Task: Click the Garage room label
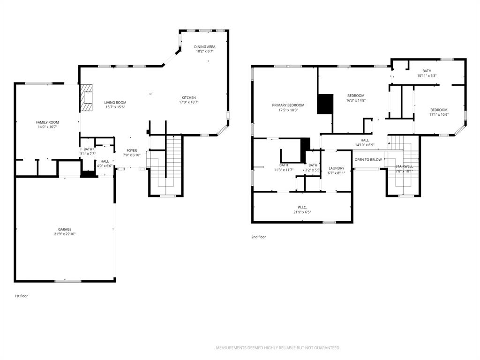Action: [x=65, y=229]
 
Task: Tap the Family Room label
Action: [x=50, y=122]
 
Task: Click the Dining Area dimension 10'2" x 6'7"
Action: [x=205, y=52]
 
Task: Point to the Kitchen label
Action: [x=189, y=97]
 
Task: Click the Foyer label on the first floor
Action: [x=132, y=150]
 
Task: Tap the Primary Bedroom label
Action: [x=288, y=105]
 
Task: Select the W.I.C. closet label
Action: [x=302, y=207]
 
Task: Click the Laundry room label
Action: [x=336, y=168]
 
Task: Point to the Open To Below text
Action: [x=368, y=159]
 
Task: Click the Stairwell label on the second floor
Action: [x=404, y=166]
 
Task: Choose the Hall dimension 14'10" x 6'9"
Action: [x=365, y=145]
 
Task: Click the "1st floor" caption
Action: [x=21, y=296]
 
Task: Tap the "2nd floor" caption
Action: [x=258, y=237]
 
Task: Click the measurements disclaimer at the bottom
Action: [x=277, y=348]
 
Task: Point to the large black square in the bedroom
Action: [x=325, y=104]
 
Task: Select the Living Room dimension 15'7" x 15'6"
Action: [x=115, y=107]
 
